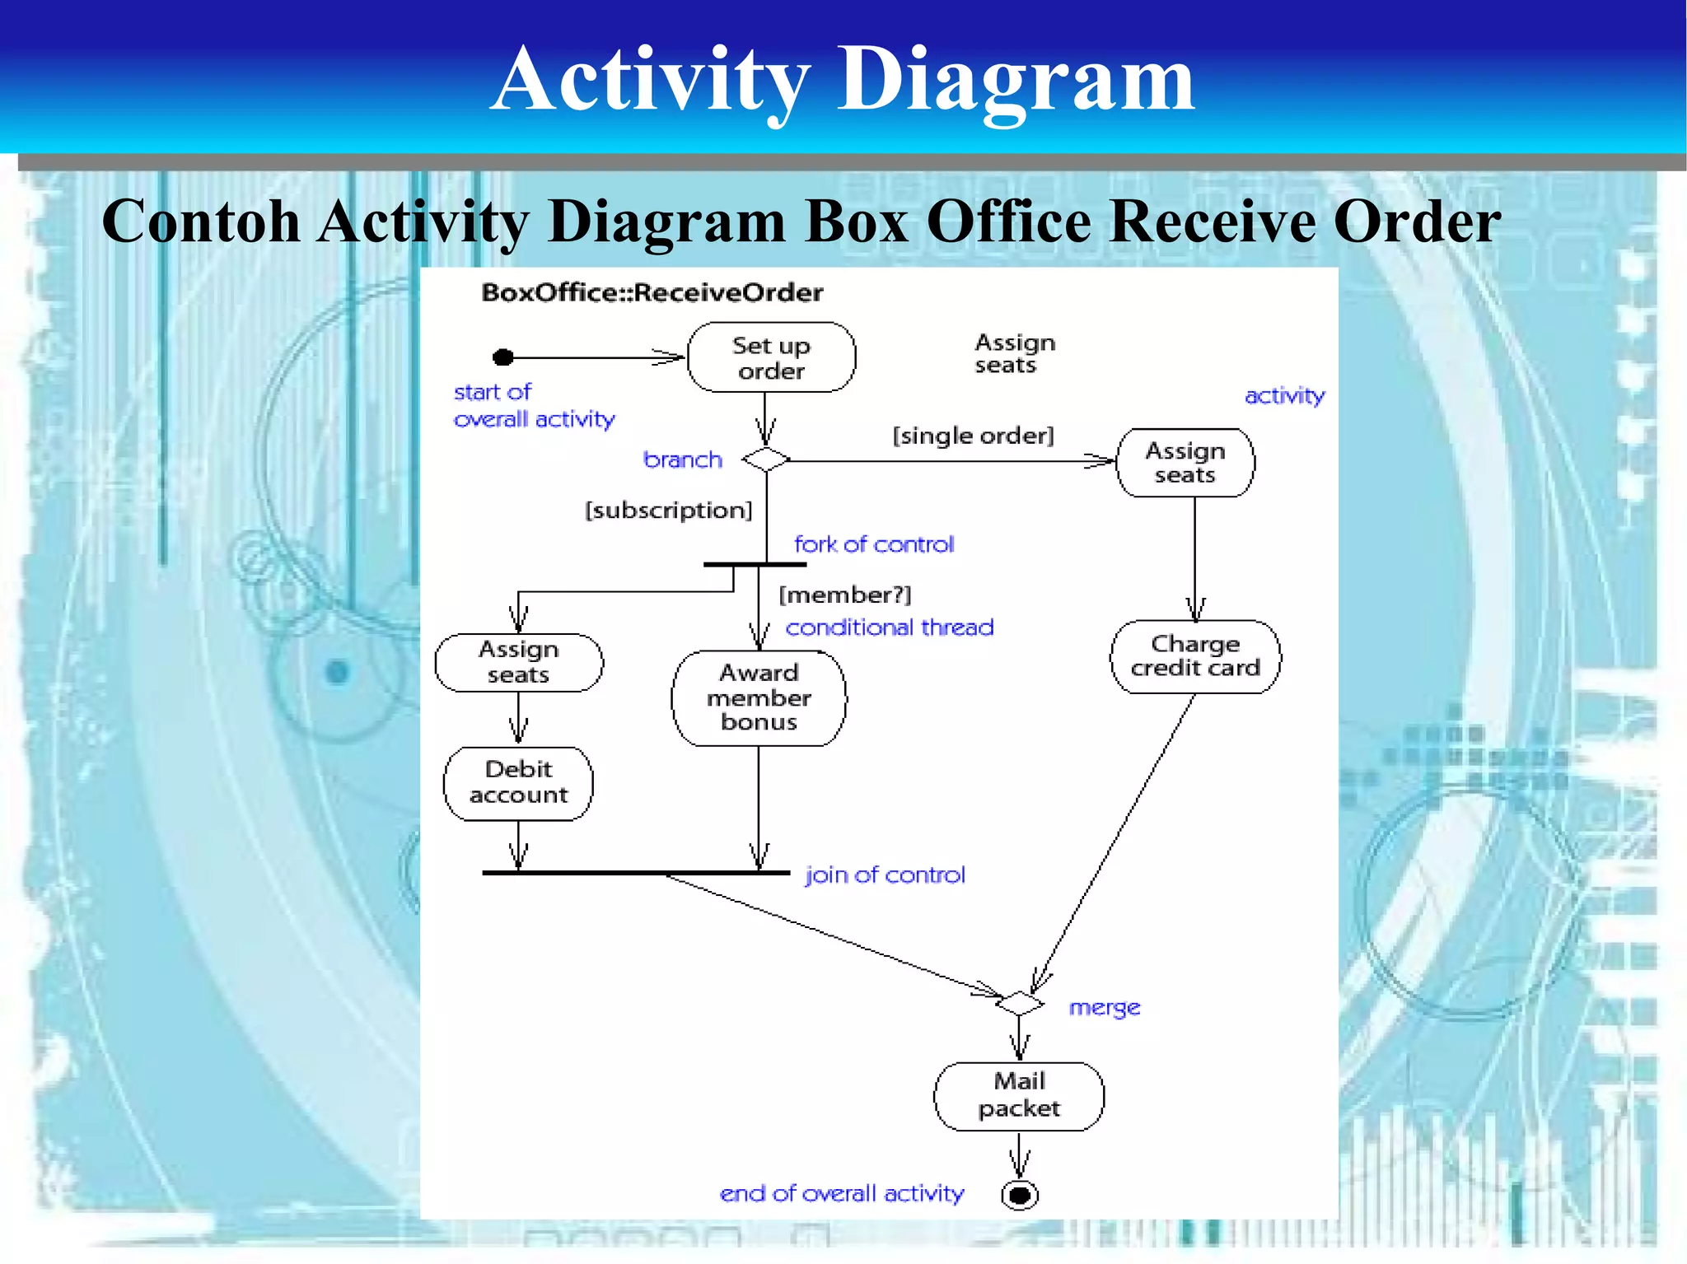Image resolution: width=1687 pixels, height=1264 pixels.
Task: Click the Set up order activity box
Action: [771, 357]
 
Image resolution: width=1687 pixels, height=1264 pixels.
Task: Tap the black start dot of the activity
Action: [503, 357]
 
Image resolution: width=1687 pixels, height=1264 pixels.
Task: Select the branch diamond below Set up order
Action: [766, 459]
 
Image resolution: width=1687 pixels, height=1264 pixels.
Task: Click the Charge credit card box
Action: [1195, 656]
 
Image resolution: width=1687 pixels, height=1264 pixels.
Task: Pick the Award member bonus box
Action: [759, 697]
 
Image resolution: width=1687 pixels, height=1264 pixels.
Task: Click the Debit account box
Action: [518, 782]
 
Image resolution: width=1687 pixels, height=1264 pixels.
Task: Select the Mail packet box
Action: [1019, 1095]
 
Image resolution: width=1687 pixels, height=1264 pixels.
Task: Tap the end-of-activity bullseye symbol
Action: [1020, 1194]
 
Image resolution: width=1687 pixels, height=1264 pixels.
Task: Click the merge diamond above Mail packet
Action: [1020, 1003]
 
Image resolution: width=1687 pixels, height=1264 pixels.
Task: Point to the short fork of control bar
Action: [755, 564]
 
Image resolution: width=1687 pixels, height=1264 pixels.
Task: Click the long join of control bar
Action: [636, 872]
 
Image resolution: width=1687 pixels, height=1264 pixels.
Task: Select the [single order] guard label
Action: [973, 435]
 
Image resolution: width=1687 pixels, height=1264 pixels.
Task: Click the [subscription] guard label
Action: [668, 511]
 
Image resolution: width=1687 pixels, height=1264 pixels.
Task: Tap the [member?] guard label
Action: [845, 595]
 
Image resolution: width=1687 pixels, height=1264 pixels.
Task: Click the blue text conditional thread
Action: [890, 627]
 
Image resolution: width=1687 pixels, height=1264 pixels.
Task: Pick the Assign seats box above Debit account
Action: [519, 662]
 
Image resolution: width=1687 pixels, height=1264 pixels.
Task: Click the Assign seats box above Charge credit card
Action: [1185, 463]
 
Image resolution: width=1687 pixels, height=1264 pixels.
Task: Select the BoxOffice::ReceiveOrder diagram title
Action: [652, 292]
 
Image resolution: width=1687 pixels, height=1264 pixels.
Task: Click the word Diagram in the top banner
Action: [1015, 80]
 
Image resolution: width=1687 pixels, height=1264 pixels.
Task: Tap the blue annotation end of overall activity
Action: [841, 1193]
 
